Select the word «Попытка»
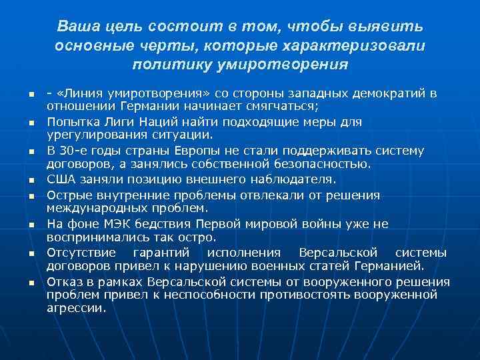(x=69, y=121)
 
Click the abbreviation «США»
(x=60, y=179)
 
